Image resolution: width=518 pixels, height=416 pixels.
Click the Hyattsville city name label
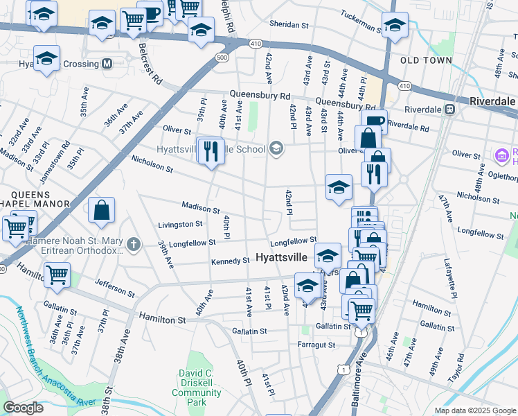[x=286, y=257]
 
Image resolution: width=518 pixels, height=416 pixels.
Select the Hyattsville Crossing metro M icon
[x=107, y=64]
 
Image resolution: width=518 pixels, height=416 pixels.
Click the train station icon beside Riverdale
[x=450, y=109]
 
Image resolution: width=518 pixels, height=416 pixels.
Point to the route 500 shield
[x=222, y=57]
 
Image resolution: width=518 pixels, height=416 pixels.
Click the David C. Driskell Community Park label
[x=196, y=388]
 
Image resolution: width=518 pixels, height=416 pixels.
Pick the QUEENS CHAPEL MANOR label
[x=35, y=198]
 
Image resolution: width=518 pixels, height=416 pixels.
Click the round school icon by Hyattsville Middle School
[x=276, y=148]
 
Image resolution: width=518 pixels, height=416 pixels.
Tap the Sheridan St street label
[x=289, y=24]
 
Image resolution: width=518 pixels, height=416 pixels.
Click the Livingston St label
[x=180, y=224]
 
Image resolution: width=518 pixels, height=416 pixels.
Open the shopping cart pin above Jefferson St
[x=57, y=275]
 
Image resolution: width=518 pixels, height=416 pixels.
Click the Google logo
[x=24, y=408]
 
